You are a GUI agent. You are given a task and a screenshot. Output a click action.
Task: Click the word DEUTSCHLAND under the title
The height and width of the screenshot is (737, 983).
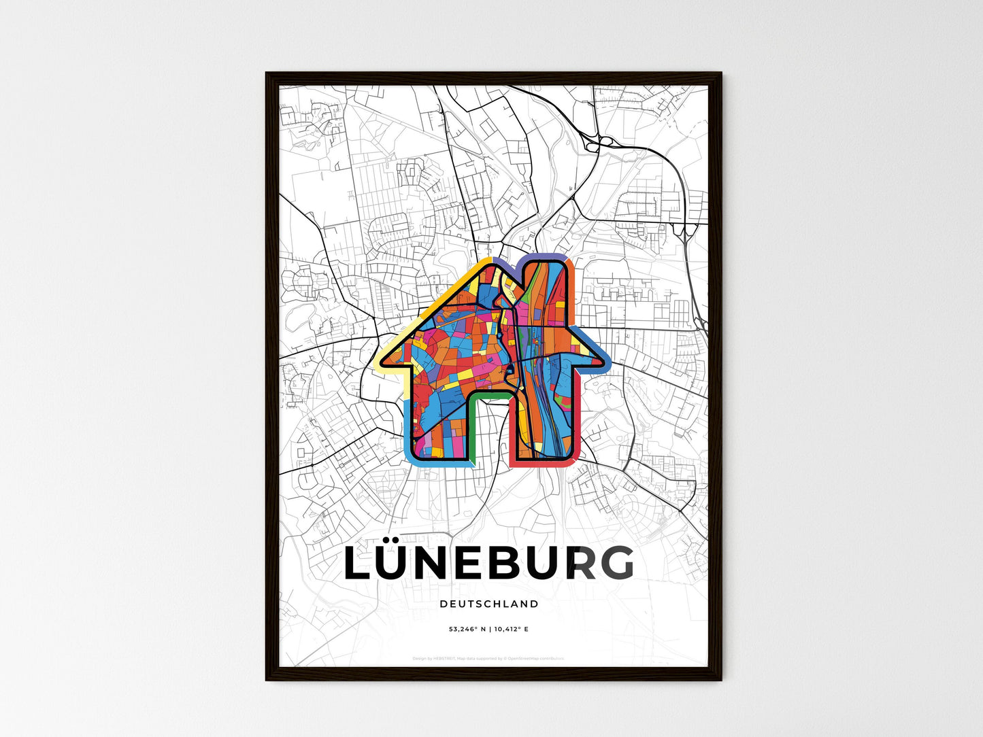tap(488, 604)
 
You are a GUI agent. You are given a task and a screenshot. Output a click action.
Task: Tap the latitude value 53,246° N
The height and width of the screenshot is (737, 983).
tap(467, 630)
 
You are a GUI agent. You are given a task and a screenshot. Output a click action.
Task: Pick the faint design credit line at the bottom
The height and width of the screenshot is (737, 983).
tap(488, 658)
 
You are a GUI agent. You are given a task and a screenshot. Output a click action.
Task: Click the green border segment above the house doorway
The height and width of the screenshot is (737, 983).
tap(489, 393)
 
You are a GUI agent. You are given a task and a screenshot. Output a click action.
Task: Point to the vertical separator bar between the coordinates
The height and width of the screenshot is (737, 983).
tap(489, 630)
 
